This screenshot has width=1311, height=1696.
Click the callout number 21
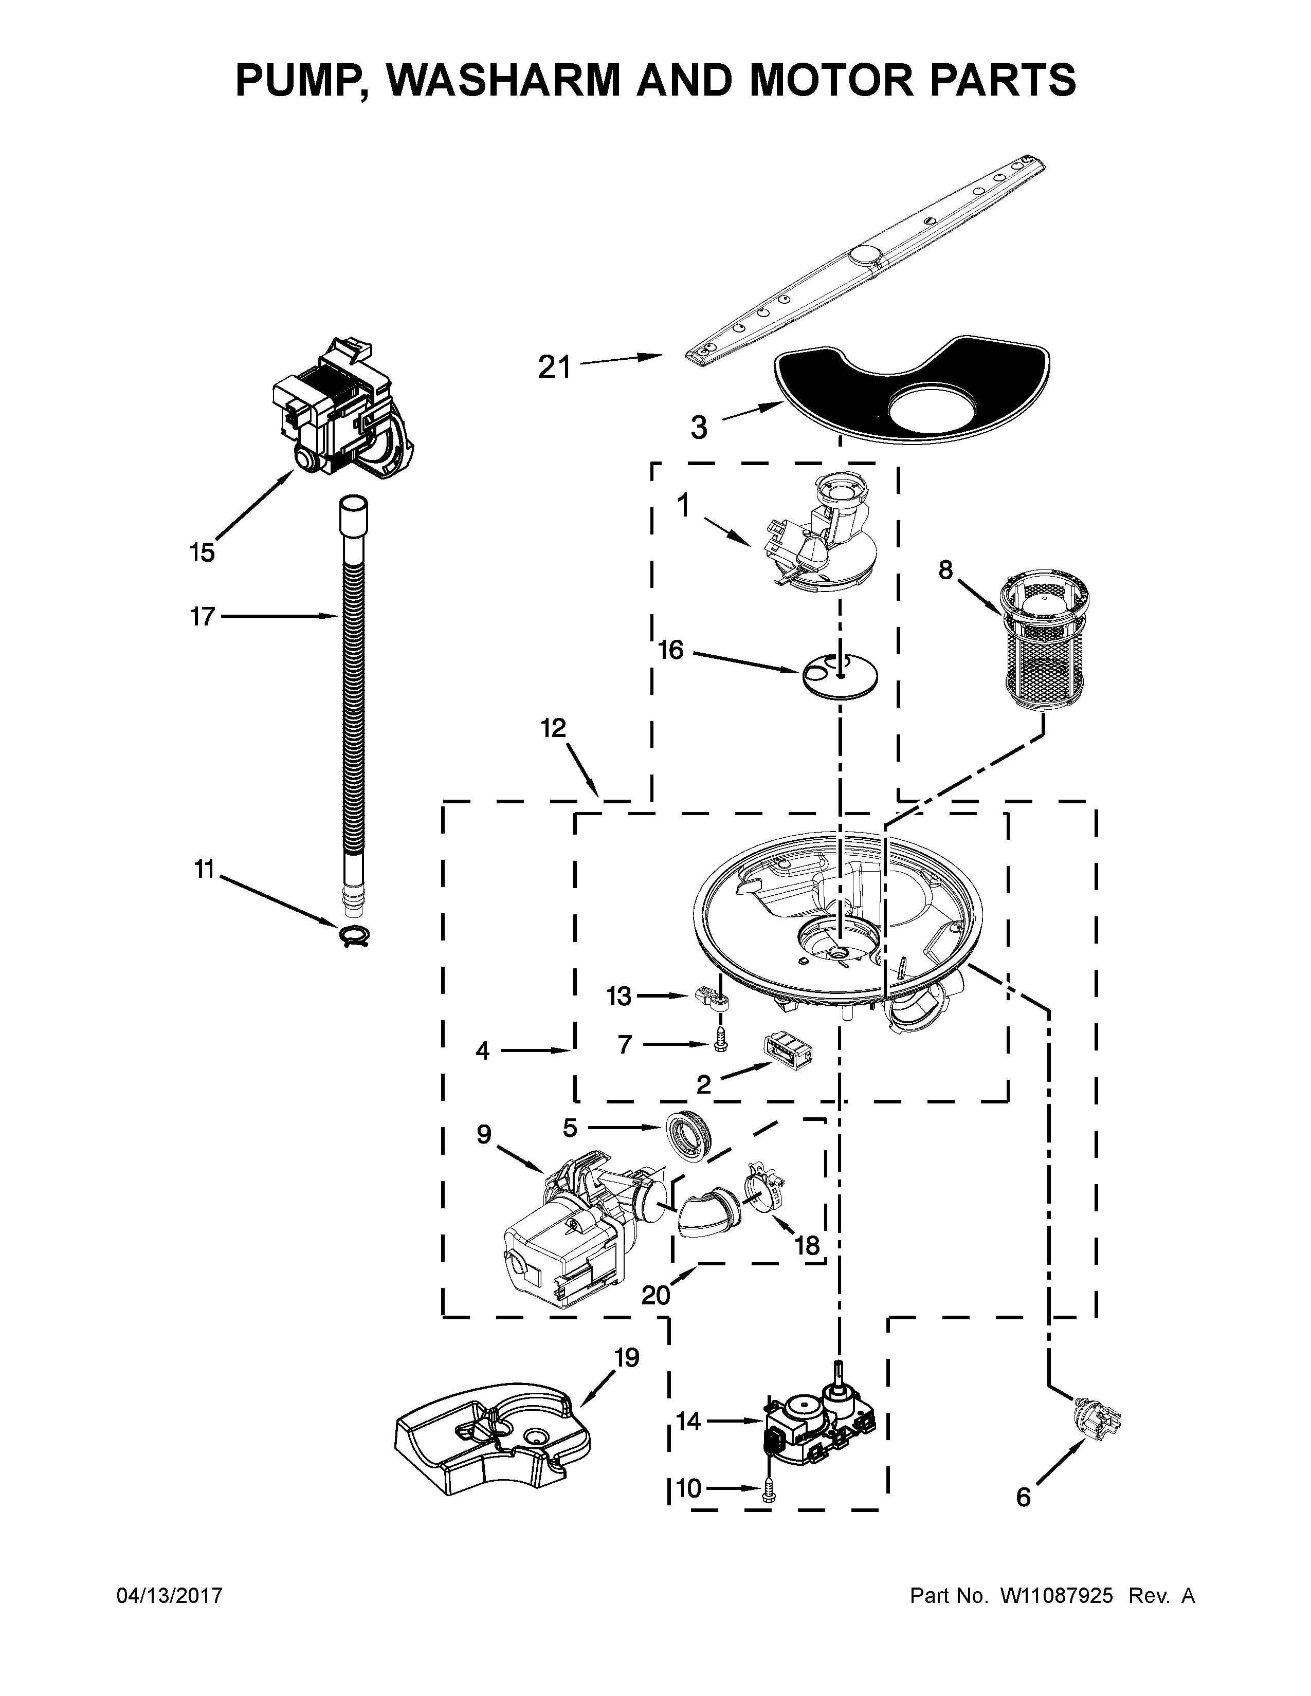[x=555, y=367]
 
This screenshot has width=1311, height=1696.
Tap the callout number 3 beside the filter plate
[x=699, y=427]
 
